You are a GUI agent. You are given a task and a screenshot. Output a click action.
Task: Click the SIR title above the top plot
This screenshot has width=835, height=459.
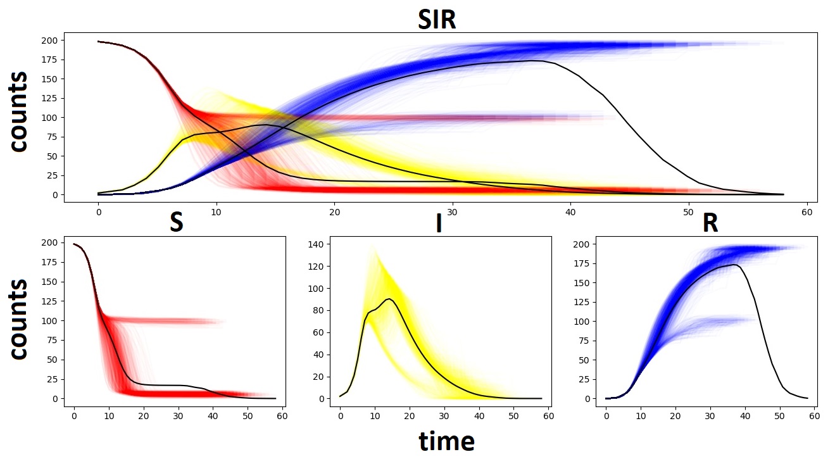pyautogui.click(x=437, y=20)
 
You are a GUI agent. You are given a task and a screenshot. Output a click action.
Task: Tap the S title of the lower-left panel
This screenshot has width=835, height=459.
pyautogui.click(x=177, y=223)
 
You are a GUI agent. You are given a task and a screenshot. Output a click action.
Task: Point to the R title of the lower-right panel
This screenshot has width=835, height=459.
pyautogui.click(x=710, y=223)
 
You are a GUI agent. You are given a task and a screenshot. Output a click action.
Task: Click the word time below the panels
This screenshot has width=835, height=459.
pyautogui.click(x=446, y=441)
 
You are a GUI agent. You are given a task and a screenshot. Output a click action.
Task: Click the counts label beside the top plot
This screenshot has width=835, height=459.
pyautogui.click(x=20, y=111)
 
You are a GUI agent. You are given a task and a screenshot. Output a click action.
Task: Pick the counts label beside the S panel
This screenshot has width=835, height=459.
pyautogui.click(x=20, y=319)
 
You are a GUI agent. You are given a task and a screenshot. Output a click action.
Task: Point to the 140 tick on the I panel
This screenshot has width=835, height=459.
pyautogui.click(x=318, y=244)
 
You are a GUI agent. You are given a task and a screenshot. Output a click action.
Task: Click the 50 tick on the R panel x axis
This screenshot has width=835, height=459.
pyautogui.click(x=779, y=416)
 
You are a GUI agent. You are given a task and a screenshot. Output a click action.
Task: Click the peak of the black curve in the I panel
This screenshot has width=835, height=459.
pyautogui.click(x=389, y=299)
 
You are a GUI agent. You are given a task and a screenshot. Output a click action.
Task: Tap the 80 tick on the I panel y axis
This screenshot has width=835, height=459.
pyautogui.click(x=320, y=310)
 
